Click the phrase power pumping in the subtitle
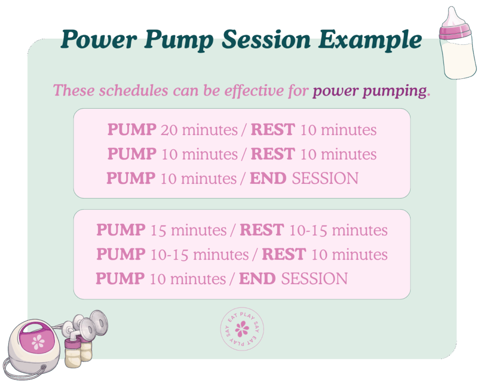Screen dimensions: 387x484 click(370, 90)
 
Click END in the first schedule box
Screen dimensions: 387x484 click(268, 179)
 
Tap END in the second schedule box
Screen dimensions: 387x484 click(257, 279)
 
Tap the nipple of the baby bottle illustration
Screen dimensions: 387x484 click(452, 17)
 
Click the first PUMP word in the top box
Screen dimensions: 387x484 click(132, 129)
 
